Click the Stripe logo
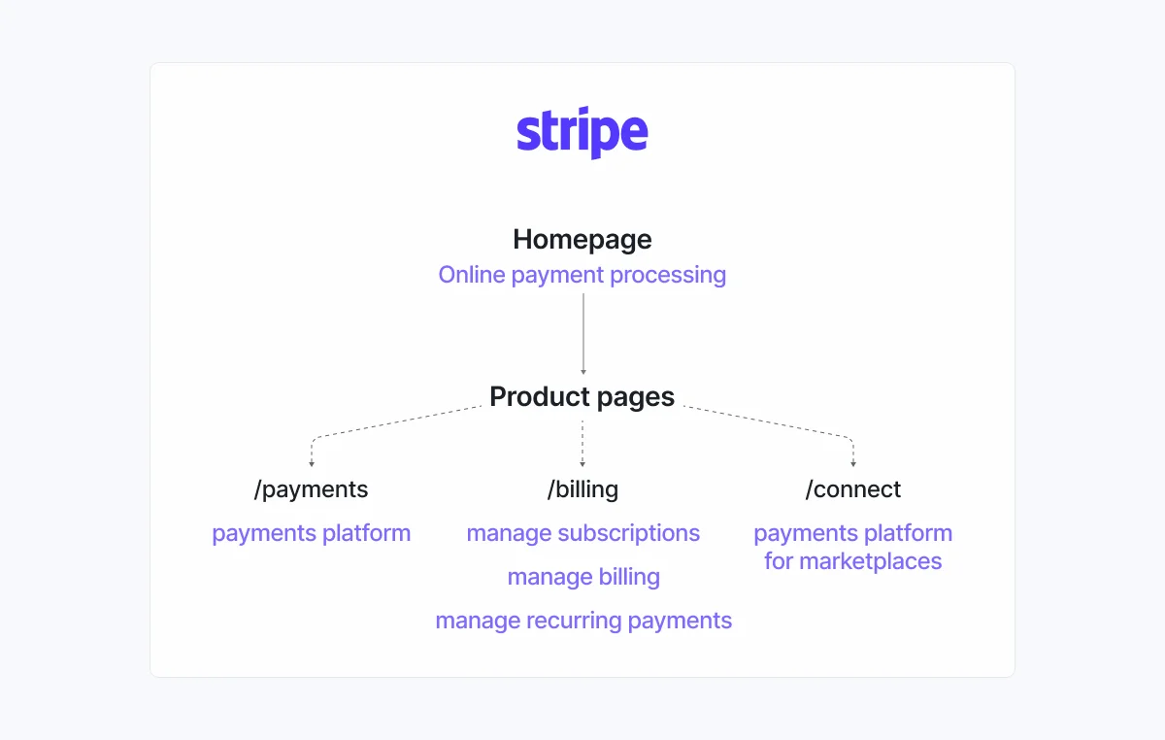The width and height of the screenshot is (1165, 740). click(x=582, y=134)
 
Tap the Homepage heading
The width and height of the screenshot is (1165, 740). click(x=582, y=239)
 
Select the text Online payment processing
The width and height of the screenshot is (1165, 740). click(x=582, y=275)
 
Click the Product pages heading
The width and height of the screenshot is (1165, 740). click(x=582, y=396)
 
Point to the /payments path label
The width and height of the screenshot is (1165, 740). click(x=312, y=489)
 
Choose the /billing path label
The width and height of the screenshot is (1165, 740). click(x=582, y=489)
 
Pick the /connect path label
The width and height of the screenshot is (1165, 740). click(x=853, y=489)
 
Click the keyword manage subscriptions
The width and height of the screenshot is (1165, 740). click(x=582, y=533)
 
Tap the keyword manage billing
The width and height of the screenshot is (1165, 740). click(x=583, y=577)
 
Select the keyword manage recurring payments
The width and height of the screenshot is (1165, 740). click(x=583, y=621)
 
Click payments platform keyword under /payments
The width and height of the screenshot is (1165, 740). click(x=312, y=533)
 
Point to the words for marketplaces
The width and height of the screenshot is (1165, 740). click(x=853, y=561)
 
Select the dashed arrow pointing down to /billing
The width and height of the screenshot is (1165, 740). click(x=582, y=444)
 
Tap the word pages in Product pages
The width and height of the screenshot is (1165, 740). click(x=635, y=397)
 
